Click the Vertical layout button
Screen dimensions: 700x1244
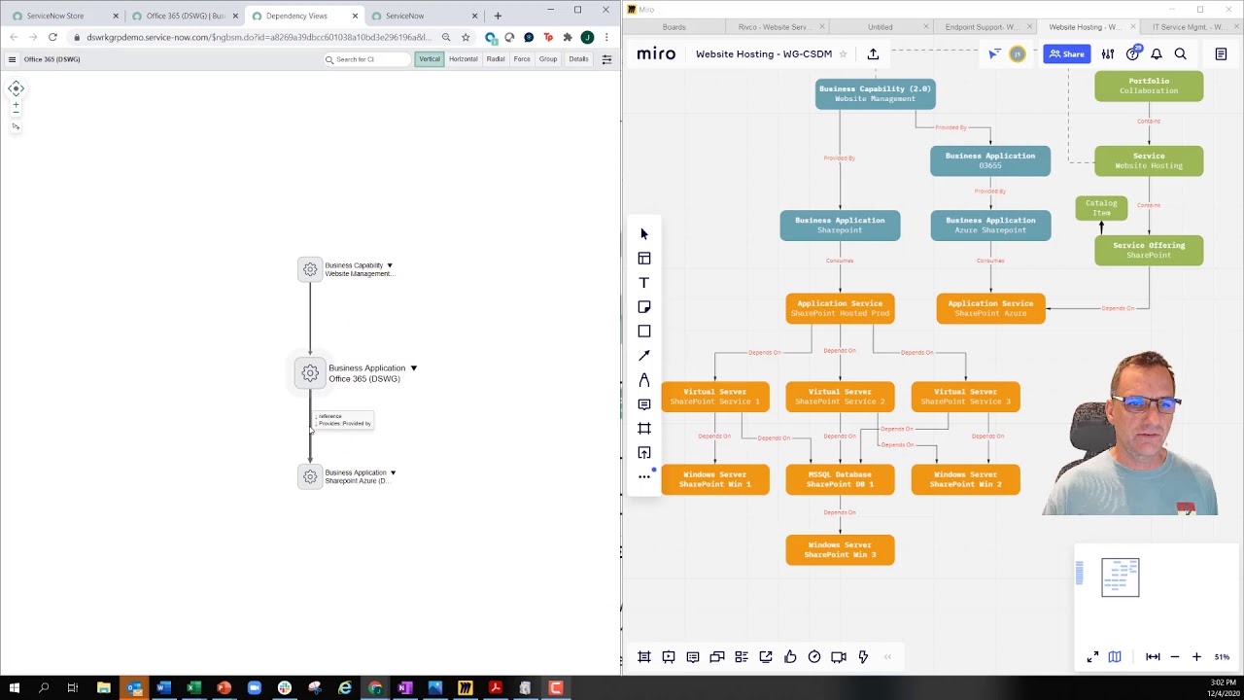[x=430, y=59]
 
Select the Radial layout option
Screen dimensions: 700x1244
[x=496, y=59]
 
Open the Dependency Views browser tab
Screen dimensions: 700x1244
[x=296, y=16]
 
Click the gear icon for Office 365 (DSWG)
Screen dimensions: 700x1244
[x=310, y=373]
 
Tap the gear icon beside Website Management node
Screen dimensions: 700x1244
[x=310, y=269]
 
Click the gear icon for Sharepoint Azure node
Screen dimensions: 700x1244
[x=310, y=476]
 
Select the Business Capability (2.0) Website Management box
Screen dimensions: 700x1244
[x=875, y=93]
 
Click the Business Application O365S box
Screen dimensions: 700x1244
[x=989, y=160]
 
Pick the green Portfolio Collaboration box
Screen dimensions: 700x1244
[x=1148, y=86]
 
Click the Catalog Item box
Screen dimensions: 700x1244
[x=1100, y=208]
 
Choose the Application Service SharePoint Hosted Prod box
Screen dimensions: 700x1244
[x=840, y=308]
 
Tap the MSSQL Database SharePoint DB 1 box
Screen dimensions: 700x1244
[x=840, y=479]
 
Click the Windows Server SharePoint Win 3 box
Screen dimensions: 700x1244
[x=840, y=549]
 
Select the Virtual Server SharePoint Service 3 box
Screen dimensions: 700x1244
[x=965, y=397]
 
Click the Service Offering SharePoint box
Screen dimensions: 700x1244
[x=1148, y=250]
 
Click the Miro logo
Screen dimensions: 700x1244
[x=656, y=54]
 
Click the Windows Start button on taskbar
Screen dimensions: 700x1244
[x=14, y=688]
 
